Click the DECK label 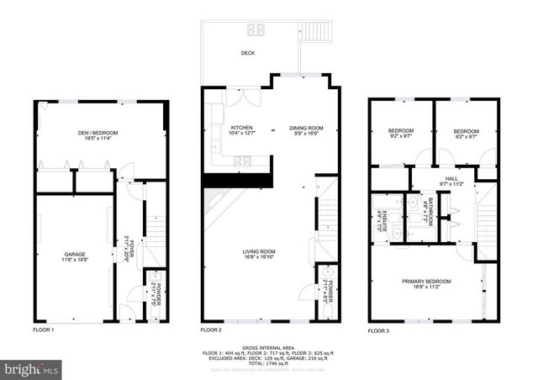click(247, 53)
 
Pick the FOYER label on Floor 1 click(129, 247)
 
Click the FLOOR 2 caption click(210, 330)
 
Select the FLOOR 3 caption click(378, 330)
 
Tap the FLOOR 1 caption click(43, 330)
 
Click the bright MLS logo click(32, 368)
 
